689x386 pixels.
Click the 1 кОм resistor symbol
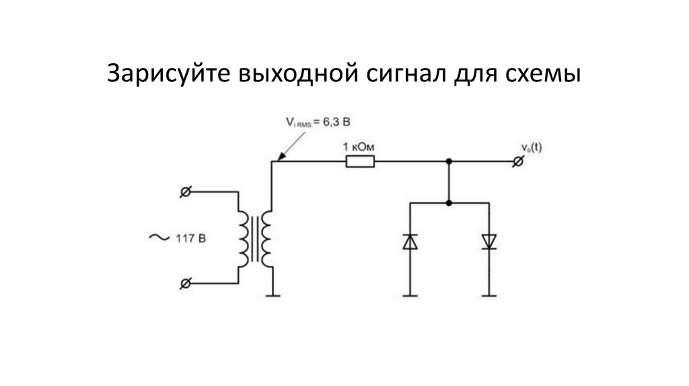click(x=360, y=161)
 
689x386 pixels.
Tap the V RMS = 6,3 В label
click(x=318, y=122)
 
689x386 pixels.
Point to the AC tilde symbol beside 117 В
click(x=159, y=237)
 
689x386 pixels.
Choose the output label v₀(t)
click(x=531, y=148)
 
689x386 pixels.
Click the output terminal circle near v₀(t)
click(x=517, y=161)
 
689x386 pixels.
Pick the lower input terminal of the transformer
click(x=185, y=283)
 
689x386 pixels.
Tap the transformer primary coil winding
click(x=242, y=238)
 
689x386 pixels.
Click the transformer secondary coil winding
click(x=267, y=238)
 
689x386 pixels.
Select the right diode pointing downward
click(x=489, y=241)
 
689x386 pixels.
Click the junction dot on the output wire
click(x=449, y=161)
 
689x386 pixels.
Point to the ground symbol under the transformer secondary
click(x=272, y=294)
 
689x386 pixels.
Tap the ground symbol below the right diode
click(x=489, y=294)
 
